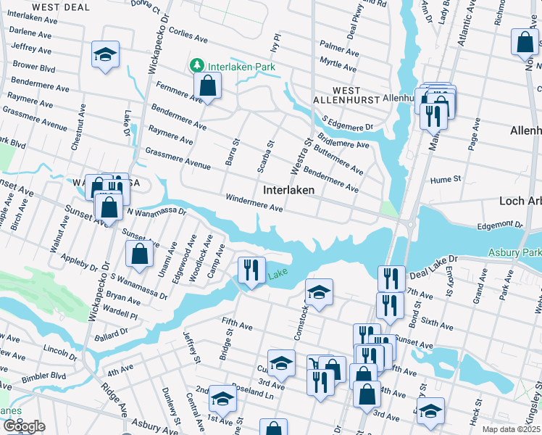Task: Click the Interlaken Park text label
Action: pyautogui.click(x=234, y=66)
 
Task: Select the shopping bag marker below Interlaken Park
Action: pyautogui.click(x=207, y=86)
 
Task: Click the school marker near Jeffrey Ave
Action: pyautogui.click(x=105, y=55)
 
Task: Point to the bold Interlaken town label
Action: pyautogui.click(x=288, y=190)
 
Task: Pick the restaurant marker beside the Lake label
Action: pyautogui.click(x=250, y=271)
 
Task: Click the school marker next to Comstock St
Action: pyautogui.click(x=319, y=292)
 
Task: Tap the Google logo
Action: pyautogui.click(x=24, y=426)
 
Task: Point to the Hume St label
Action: pyautogui.click(x=446, y=178)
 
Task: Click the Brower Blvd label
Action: pyautogui.click(x=34, y=67)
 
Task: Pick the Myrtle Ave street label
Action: pyautogui.click(x=338, y=66)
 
